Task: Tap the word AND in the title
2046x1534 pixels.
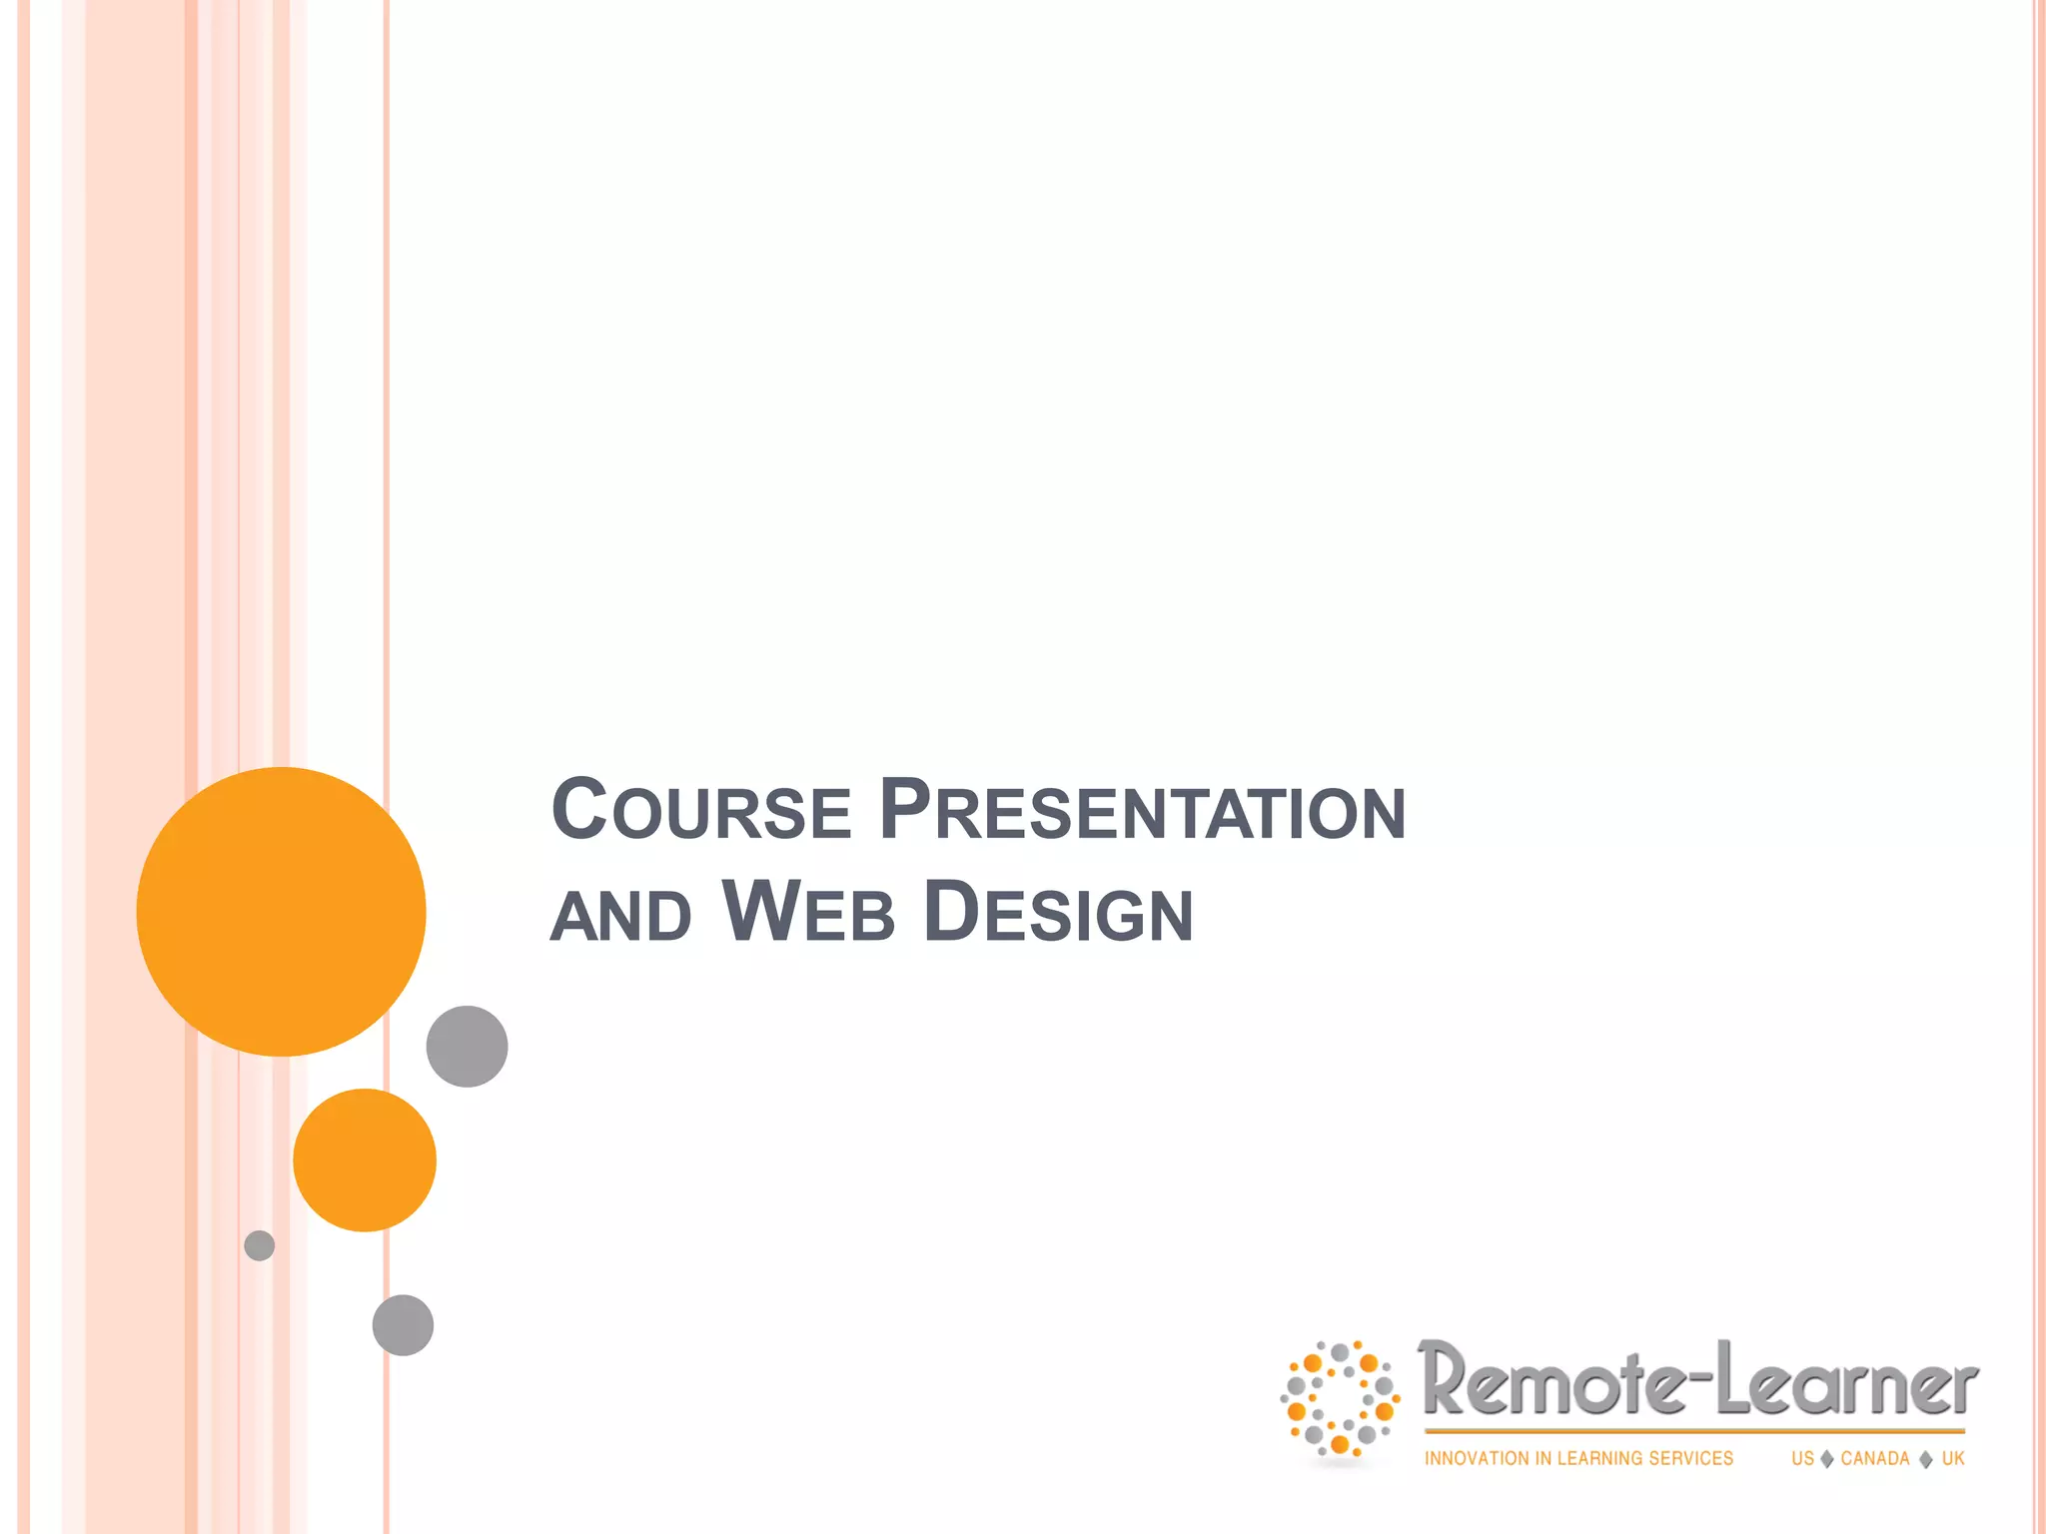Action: pyautogui.click(x=620, y=915)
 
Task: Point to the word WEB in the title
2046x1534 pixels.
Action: pyautogui.click(x=807, y=912)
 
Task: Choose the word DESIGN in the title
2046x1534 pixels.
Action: pyautogui.click(x=1058, y=912)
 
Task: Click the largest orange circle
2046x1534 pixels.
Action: pyautogui.click(x=281, y=911)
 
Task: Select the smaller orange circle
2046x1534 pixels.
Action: pyautogui.click(x=365, y=1159)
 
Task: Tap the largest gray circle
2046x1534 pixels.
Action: pyautogui.click(x=467, y=1046)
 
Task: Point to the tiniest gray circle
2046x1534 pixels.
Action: pyautogui.click(x=260, y=1245)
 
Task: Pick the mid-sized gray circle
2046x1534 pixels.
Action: pyautogui.click(x=403, y=1325)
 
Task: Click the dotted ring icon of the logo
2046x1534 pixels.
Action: pyautogui.click(x=1340, y=1398)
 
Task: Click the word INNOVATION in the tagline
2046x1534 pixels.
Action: pyautogui.click(x=1477, y=1459)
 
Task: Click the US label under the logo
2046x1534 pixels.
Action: pyautogui.click(x=1802, y=1459)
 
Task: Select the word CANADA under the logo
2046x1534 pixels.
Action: pyautogui.click(x=1875, y=1459)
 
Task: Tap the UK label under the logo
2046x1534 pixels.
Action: pyautogui.click(x=1953, y=1459)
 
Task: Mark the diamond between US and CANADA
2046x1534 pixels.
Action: pyautogui.click(x=1827, y=1459)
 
